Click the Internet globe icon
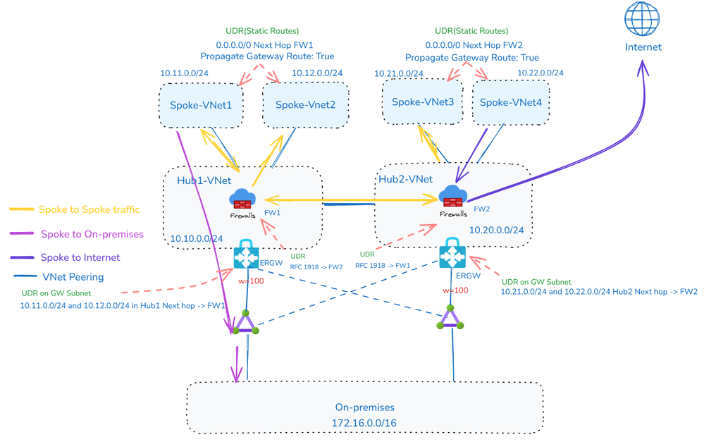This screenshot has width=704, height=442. (642, 19)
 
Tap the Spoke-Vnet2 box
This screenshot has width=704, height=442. (305, 105)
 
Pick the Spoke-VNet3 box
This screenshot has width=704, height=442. (422, 102)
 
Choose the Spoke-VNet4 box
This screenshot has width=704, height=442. (510, 103)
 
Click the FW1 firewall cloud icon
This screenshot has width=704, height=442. (242, 200)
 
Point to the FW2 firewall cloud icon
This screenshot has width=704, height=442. (452, 198)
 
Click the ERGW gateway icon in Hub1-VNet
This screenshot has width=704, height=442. (247, 257)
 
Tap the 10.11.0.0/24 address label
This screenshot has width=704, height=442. (184, 73)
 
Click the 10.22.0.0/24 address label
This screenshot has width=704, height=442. (541, 73)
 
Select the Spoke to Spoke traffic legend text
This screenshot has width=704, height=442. (89, 209)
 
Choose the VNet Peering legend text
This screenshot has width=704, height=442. (73, 277)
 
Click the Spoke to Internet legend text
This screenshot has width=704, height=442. (80, 257)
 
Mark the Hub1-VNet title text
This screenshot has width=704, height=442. (204, 181)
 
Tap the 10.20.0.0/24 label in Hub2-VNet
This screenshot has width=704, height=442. (496, 230)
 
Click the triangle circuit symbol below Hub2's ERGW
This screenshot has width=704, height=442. (450, 319)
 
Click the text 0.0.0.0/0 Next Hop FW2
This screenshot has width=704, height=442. (472, 44)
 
